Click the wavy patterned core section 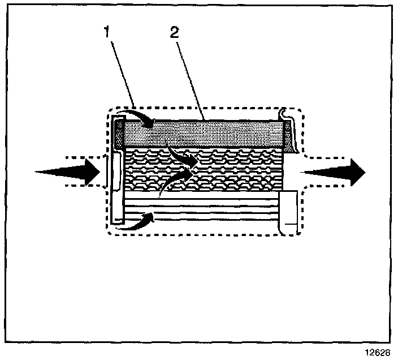pos(226,170)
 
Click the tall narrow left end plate pos(117,187)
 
